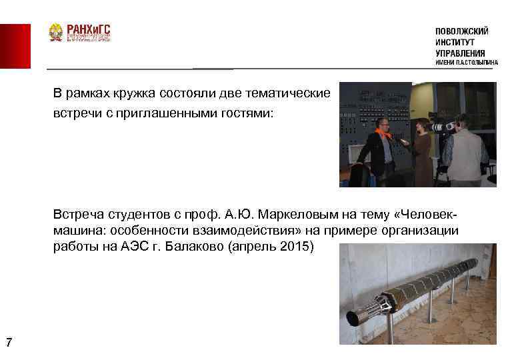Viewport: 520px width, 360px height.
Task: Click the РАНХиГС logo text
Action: (x=88, y=29)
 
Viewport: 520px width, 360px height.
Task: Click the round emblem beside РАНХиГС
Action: (x=56, y=33)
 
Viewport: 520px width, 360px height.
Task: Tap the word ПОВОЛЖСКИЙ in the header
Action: (x=461, y=31)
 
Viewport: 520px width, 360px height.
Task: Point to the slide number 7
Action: (x=8, y=343)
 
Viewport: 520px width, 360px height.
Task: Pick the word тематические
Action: (x=290, y=92)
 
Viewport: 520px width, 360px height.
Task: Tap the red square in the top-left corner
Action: (x=15, y=46)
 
